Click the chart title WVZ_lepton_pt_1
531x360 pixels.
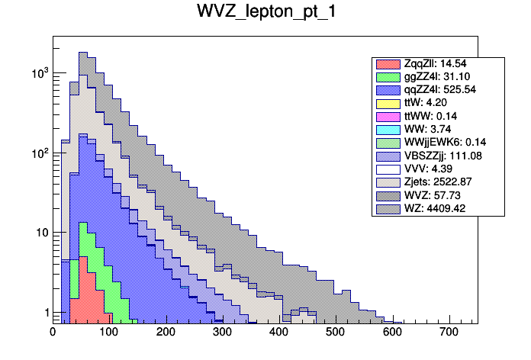265,15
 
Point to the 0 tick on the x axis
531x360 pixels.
53,333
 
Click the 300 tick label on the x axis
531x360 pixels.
222,333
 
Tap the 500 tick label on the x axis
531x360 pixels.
335,333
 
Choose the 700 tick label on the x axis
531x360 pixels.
448,333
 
